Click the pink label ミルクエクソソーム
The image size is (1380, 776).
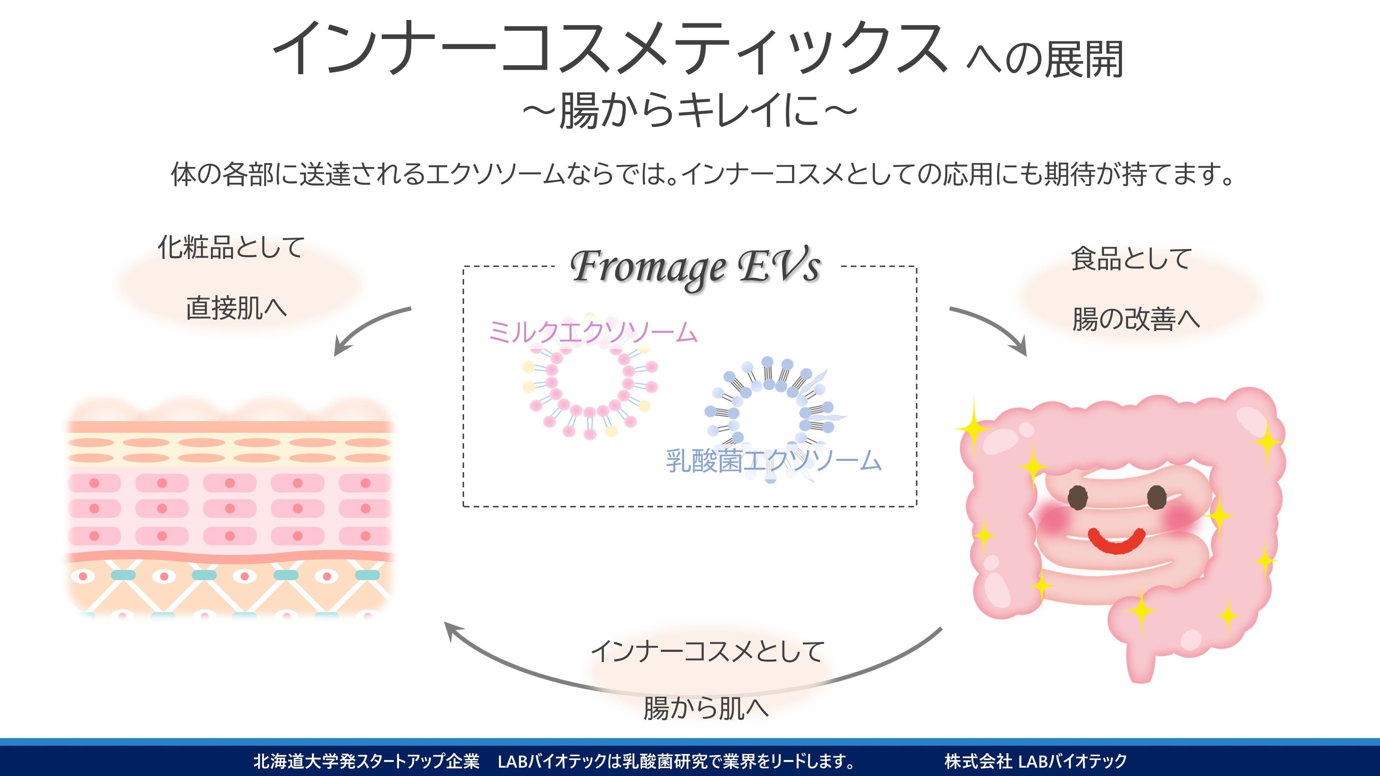(592, 332)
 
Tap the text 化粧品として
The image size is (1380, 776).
(231, 248)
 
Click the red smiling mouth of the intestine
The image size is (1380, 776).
(1117, 542)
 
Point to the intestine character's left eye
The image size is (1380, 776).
(1078, 498)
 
